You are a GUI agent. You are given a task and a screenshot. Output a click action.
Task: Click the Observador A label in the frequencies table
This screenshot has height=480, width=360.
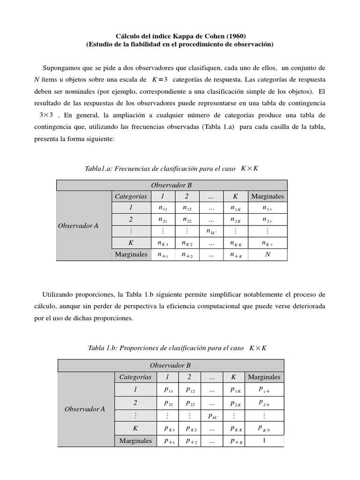(78, 225)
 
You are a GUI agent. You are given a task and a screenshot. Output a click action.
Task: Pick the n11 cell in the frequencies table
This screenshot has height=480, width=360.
(163, 208)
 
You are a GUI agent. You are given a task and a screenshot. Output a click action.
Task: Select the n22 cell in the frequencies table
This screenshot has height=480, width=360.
(187, 219)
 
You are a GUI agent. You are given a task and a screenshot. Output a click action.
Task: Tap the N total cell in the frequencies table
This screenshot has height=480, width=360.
(268, 255)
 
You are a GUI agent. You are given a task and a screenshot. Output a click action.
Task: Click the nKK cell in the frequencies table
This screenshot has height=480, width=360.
(236, 243)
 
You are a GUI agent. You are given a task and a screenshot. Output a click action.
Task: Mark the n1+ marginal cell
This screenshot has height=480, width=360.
(268, 208)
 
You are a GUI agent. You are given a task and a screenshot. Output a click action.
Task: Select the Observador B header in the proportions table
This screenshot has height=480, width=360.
(170, 365)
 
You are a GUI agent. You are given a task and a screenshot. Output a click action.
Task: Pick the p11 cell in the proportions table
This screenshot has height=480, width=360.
(169, 390)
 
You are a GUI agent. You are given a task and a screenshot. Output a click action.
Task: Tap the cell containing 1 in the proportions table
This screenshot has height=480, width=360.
(264, 440)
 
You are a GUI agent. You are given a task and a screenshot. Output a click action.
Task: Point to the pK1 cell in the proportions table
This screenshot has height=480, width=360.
(169, 428)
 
